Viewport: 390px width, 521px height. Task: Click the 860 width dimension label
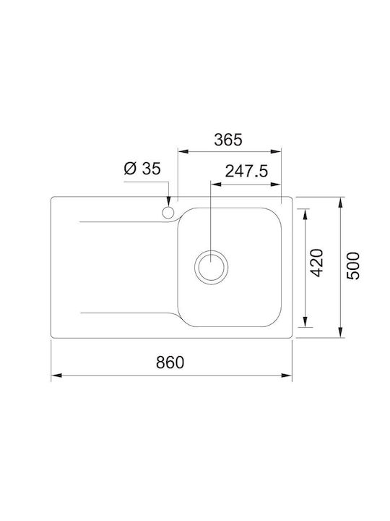coord(170,363)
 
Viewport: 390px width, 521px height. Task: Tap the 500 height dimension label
coord(353,266)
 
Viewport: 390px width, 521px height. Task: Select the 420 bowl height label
coord(316,263)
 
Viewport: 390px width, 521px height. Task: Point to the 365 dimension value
coord(228,140)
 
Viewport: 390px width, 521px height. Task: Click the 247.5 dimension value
coord(246,171)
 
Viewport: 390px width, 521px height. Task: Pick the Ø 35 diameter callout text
coord(142,169)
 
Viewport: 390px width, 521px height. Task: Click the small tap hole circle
coord(168,212)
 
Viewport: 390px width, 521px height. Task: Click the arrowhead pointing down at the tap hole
coord(168,201)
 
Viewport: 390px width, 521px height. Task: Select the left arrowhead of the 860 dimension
coord(57,376)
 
